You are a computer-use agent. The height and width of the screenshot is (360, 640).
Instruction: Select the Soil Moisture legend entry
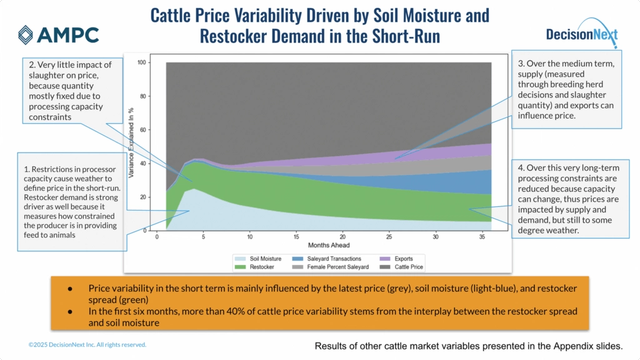point(262,258)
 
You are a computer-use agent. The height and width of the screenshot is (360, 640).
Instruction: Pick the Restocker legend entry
point(258,266)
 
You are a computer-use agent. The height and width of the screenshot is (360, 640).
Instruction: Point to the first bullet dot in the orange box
point(70,288)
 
